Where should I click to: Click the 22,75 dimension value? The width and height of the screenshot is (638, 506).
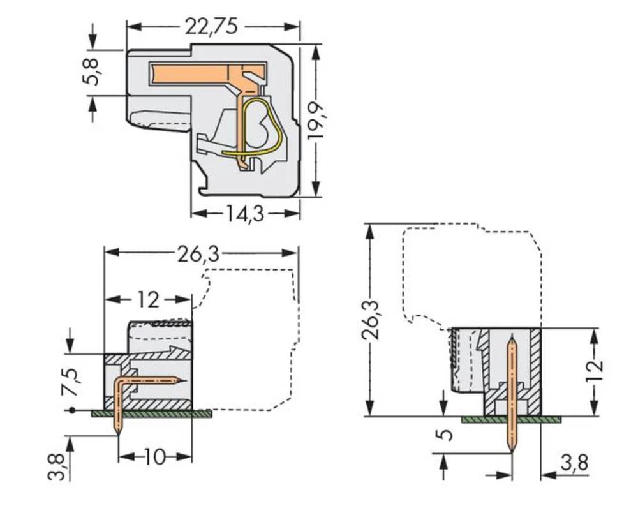click(211, 26)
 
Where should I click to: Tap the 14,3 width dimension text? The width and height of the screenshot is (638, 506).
click(245, 214)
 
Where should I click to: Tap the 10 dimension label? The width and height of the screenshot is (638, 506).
click(154, 457)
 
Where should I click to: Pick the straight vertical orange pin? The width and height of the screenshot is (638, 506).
click(512, 396)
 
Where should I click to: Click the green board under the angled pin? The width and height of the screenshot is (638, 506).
click(153, 414)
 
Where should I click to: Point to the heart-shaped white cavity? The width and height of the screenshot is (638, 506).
click(260, 127)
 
